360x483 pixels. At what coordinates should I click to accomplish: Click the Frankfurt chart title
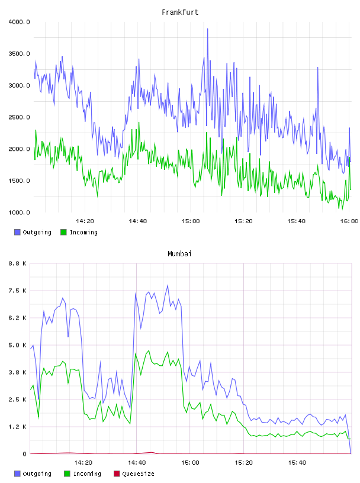pos(180,12)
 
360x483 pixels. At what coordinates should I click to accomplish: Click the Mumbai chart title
pos(179,254)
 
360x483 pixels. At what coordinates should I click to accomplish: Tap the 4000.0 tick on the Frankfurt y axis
pos(19,22)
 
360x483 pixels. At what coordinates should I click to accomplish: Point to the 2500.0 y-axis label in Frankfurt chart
pos(19,117)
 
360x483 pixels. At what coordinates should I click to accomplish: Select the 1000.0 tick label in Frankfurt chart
pos(19,212)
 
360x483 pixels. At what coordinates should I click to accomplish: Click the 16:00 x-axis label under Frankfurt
pos(349,221)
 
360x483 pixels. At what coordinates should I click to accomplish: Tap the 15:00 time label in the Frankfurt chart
pos(191,221)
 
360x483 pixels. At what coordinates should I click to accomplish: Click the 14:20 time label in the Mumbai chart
pos(83,462)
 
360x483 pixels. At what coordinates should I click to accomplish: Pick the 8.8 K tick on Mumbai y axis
pos(18,263)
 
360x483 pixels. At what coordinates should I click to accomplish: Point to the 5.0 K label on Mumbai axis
pos(18,345)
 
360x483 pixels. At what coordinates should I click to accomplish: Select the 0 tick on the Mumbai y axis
pos(24,454)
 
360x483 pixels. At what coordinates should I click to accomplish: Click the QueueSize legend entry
pos(134,474)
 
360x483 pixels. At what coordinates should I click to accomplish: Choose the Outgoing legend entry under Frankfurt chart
pos(33,232)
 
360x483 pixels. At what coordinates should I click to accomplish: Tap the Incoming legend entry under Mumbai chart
pos(83,474)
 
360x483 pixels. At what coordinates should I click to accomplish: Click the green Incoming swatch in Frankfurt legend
pos(63,232)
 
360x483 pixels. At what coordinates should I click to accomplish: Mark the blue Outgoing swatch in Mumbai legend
pos(17,474)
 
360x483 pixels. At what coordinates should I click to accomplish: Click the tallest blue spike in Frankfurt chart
pos(207,29)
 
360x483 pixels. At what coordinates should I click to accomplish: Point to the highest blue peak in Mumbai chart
pos(168,285)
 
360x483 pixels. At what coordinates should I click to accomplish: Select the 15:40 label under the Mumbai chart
pos(297,462)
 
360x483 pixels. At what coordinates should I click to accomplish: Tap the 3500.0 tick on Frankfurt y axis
pos(19,54)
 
